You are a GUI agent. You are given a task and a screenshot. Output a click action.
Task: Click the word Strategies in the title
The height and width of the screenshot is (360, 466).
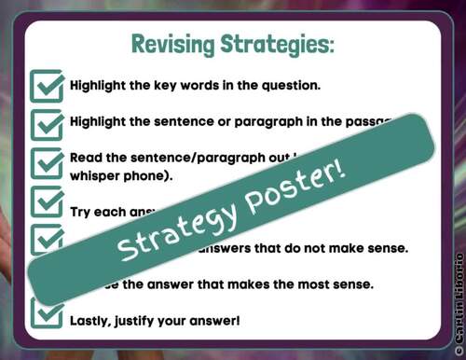(276, 44)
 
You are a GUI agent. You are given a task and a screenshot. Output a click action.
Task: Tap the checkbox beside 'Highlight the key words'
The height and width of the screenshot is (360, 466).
(47, 85)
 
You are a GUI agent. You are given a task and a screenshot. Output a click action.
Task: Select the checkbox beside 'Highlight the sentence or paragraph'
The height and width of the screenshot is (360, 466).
(47, 122)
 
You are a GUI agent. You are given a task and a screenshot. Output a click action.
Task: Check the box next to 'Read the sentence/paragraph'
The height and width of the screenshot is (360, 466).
(47, 164)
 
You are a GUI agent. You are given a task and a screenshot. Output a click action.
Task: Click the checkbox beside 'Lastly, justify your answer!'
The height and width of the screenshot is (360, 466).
(47, 295)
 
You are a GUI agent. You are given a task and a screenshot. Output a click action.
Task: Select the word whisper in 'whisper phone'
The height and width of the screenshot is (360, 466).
(98, 174)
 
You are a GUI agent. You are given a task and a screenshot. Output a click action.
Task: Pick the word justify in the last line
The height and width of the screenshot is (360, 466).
(149, 295)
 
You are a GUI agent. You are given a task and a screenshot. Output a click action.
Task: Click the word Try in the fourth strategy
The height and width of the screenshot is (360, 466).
(82, 211)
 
